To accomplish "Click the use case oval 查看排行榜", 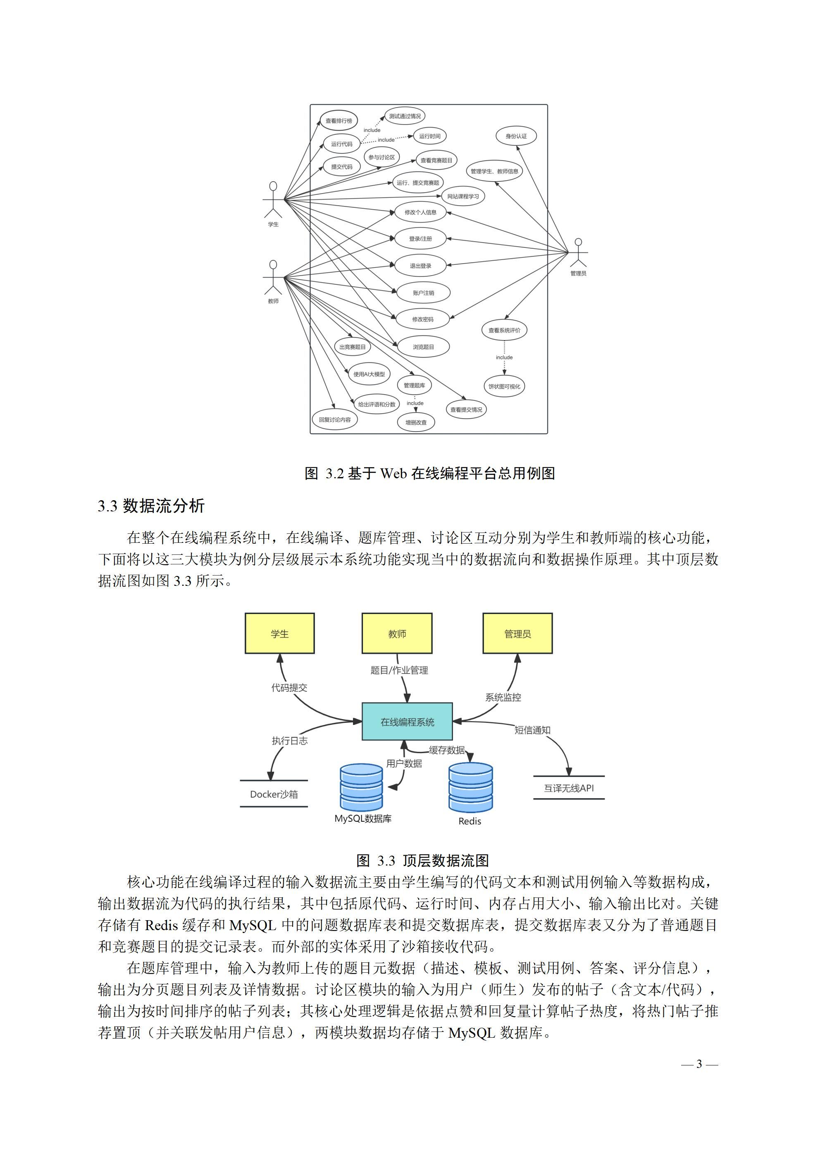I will pyautogui.click(x=338, y=121).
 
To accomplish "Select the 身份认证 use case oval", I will pyautogui.click(x=516, y=136).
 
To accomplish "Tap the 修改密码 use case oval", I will pyautogui.click(x=422, y=319).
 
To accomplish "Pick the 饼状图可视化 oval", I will pyautogui.click(x=504, y=386).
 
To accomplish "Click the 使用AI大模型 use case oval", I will pyautogui.click(x=369, y=374).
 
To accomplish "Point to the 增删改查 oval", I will pyautogui.click(x=416, y=422).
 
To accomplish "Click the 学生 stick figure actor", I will pyautogui.click(x=273, y=200).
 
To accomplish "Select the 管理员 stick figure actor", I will pyautogui.click(x=579, y=253).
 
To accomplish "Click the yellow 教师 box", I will pyautogui.click(x=397, y=633).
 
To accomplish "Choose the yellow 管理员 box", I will pyautogui.click(x=517, y=633).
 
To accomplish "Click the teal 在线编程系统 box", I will pyautogui.click(x=407, y=722).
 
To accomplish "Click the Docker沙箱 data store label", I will pyautogui.click(x=274, y=794).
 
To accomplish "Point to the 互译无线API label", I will pyautogui.click(x=569, y=788).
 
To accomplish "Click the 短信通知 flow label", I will pyautogui.click(x=532, y=730).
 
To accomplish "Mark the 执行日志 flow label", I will pyautogui.click(x=289, y=741).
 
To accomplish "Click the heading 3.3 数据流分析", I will pyautogui.click(x=151, y=506).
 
